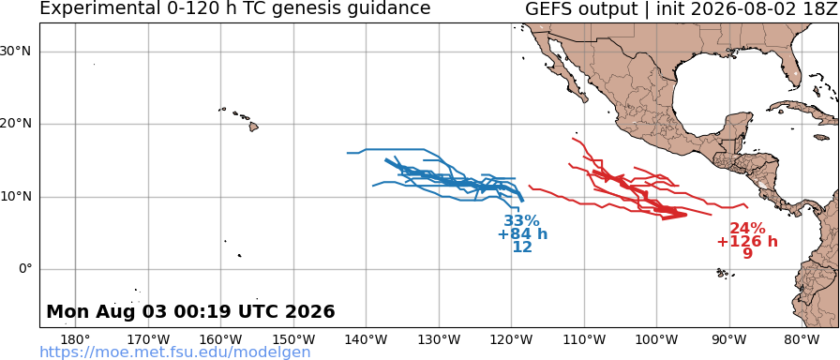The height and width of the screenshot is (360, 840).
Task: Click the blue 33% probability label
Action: tap(521, 220)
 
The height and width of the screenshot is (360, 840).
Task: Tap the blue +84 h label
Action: tap(522, 234)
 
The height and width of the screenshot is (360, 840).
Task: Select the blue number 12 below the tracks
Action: tap(522, 247)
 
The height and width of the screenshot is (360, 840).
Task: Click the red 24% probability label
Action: tap(747, 228)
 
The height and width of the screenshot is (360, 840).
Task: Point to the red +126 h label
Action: tap(747, 241)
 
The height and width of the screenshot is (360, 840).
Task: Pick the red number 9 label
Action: tap(747, 253)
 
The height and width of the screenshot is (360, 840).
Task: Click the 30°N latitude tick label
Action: tap(17, 52)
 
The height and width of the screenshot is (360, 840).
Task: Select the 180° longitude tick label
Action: tap(76, 339)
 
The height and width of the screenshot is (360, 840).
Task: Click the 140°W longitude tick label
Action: tap(367, 339)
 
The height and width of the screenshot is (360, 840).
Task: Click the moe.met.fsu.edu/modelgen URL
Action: tap(174, 352)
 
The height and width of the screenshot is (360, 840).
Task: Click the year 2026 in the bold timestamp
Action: tap(312, 311)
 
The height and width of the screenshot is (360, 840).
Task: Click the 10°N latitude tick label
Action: tap(17, 197)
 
